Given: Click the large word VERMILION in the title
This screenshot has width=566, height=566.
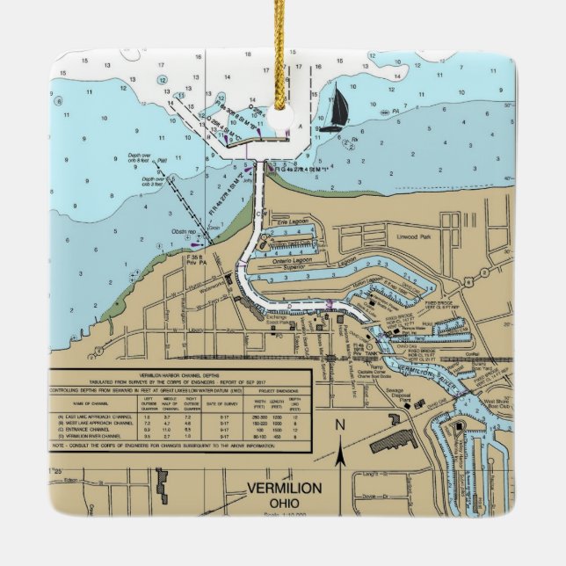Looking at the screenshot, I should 284,489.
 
